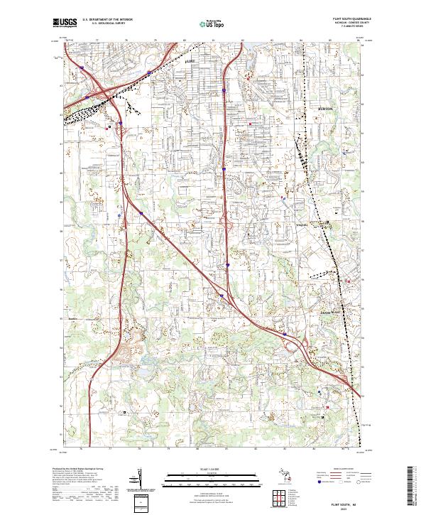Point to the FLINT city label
[x=189, y=63]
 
